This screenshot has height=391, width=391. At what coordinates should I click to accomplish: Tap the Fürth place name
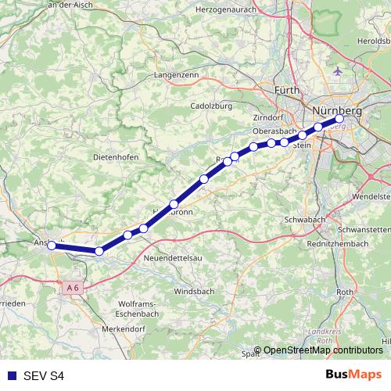tap(288, 91)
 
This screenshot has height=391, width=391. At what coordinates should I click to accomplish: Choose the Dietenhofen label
tap(115, 157)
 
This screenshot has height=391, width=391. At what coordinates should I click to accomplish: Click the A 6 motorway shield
tap(73, 289)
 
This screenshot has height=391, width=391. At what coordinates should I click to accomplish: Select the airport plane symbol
tap(337, 71)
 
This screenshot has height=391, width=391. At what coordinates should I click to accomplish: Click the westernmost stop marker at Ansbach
tap(52, 245)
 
